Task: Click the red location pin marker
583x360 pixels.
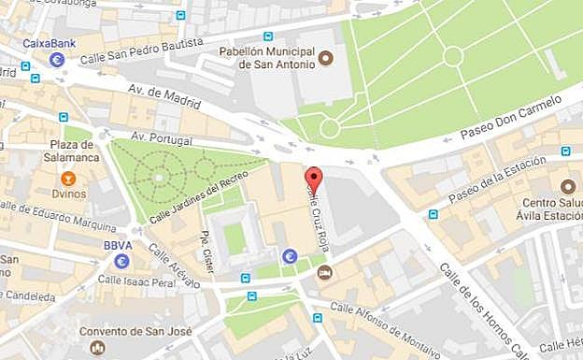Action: point(314,179)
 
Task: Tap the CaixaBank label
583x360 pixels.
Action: point(50,42)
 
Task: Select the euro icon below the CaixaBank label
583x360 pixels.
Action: point(56,61)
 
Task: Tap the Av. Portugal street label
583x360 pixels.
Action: point(161,139)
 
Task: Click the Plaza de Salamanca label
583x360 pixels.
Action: point(68,151)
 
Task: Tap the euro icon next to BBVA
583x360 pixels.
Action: point(122,260)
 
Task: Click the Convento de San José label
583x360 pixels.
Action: point(122,331)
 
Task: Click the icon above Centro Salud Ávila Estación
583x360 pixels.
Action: point(568,185)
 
